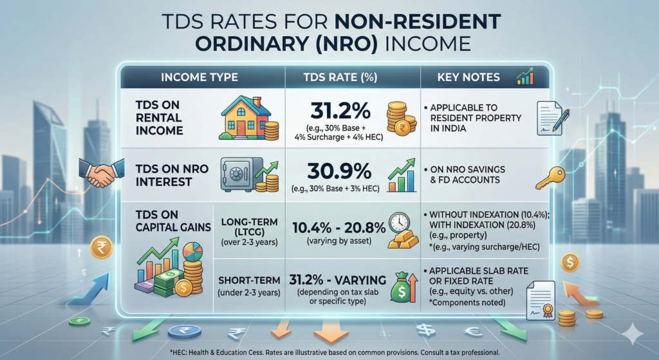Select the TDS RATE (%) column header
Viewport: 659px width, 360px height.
(353, 77)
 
